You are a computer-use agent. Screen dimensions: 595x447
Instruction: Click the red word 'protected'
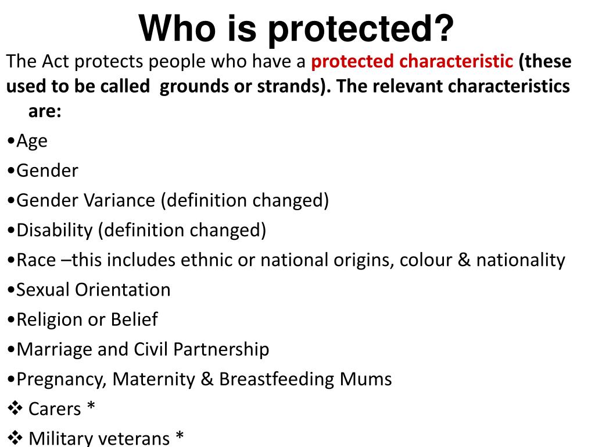click(x=352, y=62)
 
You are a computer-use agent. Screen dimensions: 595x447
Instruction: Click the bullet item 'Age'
click(x=32, y=141)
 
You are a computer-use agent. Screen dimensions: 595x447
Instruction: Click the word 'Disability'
click(x=55, y=230)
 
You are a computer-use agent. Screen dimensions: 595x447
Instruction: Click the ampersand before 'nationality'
click(x=464, y=260)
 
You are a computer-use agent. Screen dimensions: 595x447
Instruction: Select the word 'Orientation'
click(x=123, y=290)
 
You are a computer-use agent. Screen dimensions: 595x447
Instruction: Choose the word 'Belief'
click(x=134, y=320)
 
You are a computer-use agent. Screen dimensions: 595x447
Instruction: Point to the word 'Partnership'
click(x=221, y=350)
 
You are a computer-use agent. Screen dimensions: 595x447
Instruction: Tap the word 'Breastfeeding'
click(x=277, y=379)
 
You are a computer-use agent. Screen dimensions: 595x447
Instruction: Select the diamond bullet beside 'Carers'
click(x=15, y=408)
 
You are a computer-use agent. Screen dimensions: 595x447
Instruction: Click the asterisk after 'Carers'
click(x=91, y=406)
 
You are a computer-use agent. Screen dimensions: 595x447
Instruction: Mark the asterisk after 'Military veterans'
click(x=180, y=435)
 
